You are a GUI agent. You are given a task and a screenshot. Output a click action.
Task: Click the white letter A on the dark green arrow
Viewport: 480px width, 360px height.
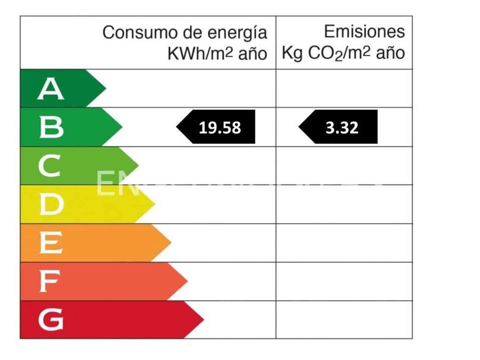tap(51, 89)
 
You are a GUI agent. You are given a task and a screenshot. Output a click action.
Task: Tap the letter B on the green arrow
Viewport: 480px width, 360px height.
tap(51, 127)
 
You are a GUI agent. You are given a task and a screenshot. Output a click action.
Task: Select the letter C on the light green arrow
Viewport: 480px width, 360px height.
tap(50, 166)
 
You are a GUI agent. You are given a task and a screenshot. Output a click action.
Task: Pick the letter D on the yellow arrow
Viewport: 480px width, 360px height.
tap(51, 204)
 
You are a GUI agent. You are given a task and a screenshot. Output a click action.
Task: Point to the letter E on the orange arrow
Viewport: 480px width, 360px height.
tap(51, 243)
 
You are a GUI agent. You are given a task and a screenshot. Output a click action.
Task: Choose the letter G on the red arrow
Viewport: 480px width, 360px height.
tap(51, 320)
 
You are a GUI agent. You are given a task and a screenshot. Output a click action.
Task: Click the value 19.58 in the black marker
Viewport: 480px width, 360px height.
tap(220, 127)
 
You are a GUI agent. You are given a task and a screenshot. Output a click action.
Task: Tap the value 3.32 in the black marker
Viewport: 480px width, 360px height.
tap(342, 127)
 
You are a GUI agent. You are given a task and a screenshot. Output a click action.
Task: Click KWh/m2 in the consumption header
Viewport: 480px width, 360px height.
tap(200, 53)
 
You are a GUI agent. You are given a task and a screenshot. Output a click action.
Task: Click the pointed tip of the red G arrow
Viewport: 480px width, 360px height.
tap(204, 319)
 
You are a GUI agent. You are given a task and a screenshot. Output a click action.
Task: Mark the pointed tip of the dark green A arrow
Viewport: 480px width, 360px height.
tap(106, 88)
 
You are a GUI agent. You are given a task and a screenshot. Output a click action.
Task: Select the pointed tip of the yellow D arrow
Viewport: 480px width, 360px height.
tap(155, 204)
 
